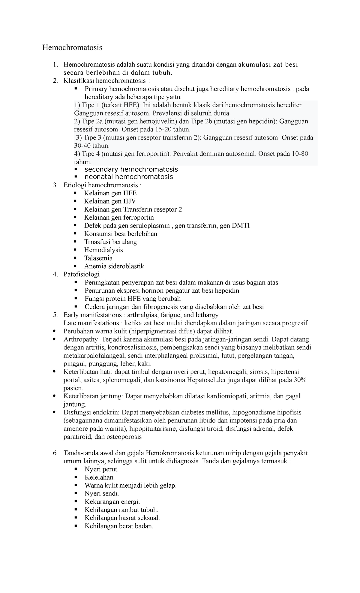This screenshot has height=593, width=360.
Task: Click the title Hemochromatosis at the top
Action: [72, 47]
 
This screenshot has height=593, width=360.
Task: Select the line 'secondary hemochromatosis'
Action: [131, 169]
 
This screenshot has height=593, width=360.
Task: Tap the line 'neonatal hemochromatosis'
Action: [129, 177]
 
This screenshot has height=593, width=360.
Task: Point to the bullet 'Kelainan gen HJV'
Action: [110, 201]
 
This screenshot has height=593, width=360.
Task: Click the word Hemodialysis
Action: [103, 250]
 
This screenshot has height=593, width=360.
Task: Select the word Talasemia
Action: [98, 258]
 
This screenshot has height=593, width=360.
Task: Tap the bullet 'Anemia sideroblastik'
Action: [114, 266]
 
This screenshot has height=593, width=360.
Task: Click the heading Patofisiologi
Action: [82, 274]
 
